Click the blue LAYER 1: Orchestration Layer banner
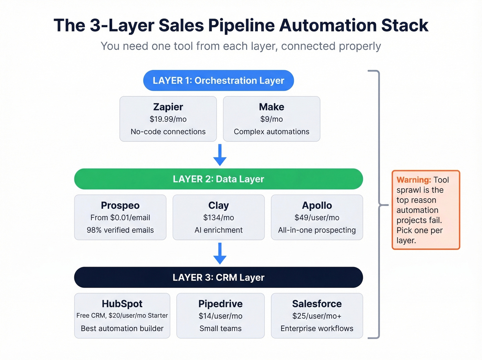[218, 81]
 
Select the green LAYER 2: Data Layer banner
[218, 179]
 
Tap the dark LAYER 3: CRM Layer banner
[218, 278]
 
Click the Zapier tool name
[168, 107]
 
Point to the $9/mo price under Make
[271, 119]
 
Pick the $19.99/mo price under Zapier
[168, 119]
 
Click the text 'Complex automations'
[271, 132]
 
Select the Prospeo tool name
[120, 205]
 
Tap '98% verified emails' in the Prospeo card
[120, 230]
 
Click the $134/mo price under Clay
[219, 218]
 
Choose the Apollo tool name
[317, 205]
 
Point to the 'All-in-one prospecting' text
[317, 230]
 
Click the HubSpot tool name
[122, 304]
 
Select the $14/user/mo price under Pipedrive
[220, 316]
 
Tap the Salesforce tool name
[317, 304]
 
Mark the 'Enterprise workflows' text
[317, 329]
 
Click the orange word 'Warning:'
[413, 180]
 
